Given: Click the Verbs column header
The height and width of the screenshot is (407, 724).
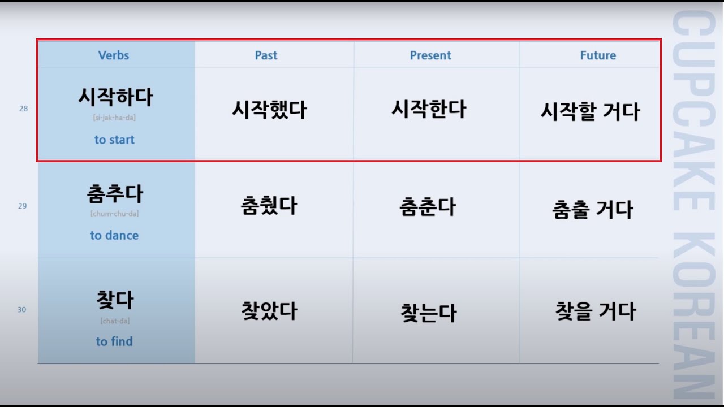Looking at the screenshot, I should [x=114, y=55].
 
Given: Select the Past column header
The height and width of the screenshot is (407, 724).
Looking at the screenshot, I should [x=266, y=55].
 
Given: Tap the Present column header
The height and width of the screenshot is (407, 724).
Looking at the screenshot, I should [x=430, y=55].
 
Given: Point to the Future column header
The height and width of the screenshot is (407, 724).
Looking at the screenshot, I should [x=598, y=55].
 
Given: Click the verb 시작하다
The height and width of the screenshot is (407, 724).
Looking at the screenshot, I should [x=115, y=97].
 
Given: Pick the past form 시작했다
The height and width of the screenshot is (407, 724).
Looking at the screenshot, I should [x=269, y=110].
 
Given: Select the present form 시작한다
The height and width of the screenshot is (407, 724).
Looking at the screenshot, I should [x=429, y=109].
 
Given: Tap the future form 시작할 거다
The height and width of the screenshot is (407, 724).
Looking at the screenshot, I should [x=590, y=112].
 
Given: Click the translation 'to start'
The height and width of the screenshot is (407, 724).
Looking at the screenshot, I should [x=114, y=140].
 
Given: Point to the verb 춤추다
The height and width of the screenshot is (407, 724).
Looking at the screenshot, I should [x=115, y=194].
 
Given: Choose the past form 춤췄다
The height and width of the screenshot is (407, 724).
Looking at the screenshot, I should [x=269, y=206].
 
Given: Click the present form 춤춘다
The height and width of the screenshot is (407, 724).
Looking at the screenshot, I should [x=428, y=207].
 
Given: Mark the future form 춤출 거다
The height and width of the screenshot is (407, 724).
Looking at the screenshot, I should [x=592, y=210].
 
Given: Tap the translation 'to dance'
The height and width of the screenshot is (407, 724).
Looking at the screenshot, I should [x=114, y=235].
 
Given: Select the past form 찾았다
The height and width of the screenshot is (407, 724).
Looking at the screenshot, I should [x=269, y=311].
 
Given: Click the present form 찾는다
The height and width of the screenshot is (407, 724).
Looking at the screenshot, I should [x=428, y=313].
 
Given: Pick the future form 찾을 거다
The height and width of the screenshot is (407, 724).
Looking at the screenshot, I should [x=596, y=311].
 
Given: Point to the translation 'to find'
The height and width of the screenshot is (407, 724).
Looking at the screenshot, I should [x=114, y=341].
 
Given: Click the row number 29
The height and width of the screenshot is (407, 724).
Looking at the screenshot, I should [x=22, y=206].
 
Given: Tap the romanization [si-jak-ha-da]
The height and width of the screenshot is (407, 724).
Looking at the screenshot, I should [x=114, y=118].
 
